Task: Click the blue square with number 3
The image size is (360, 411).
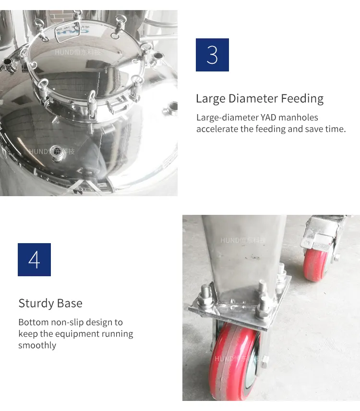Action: (x=212, y=55)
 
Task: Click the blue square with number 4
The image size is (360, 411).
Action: (x=34, y=259)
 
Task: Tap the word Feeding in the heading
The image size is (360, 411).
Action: (x=302, y=99)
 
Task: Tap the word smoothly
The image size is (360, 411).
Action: (x=37, y=345)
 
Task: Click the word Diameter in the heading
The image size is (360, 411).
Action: (x=254, y=99)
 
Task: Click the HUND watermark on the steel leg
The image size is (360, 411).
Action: (x=242, y=240)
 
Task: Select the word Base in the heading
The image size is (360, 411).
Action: (x=70, y=304)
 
